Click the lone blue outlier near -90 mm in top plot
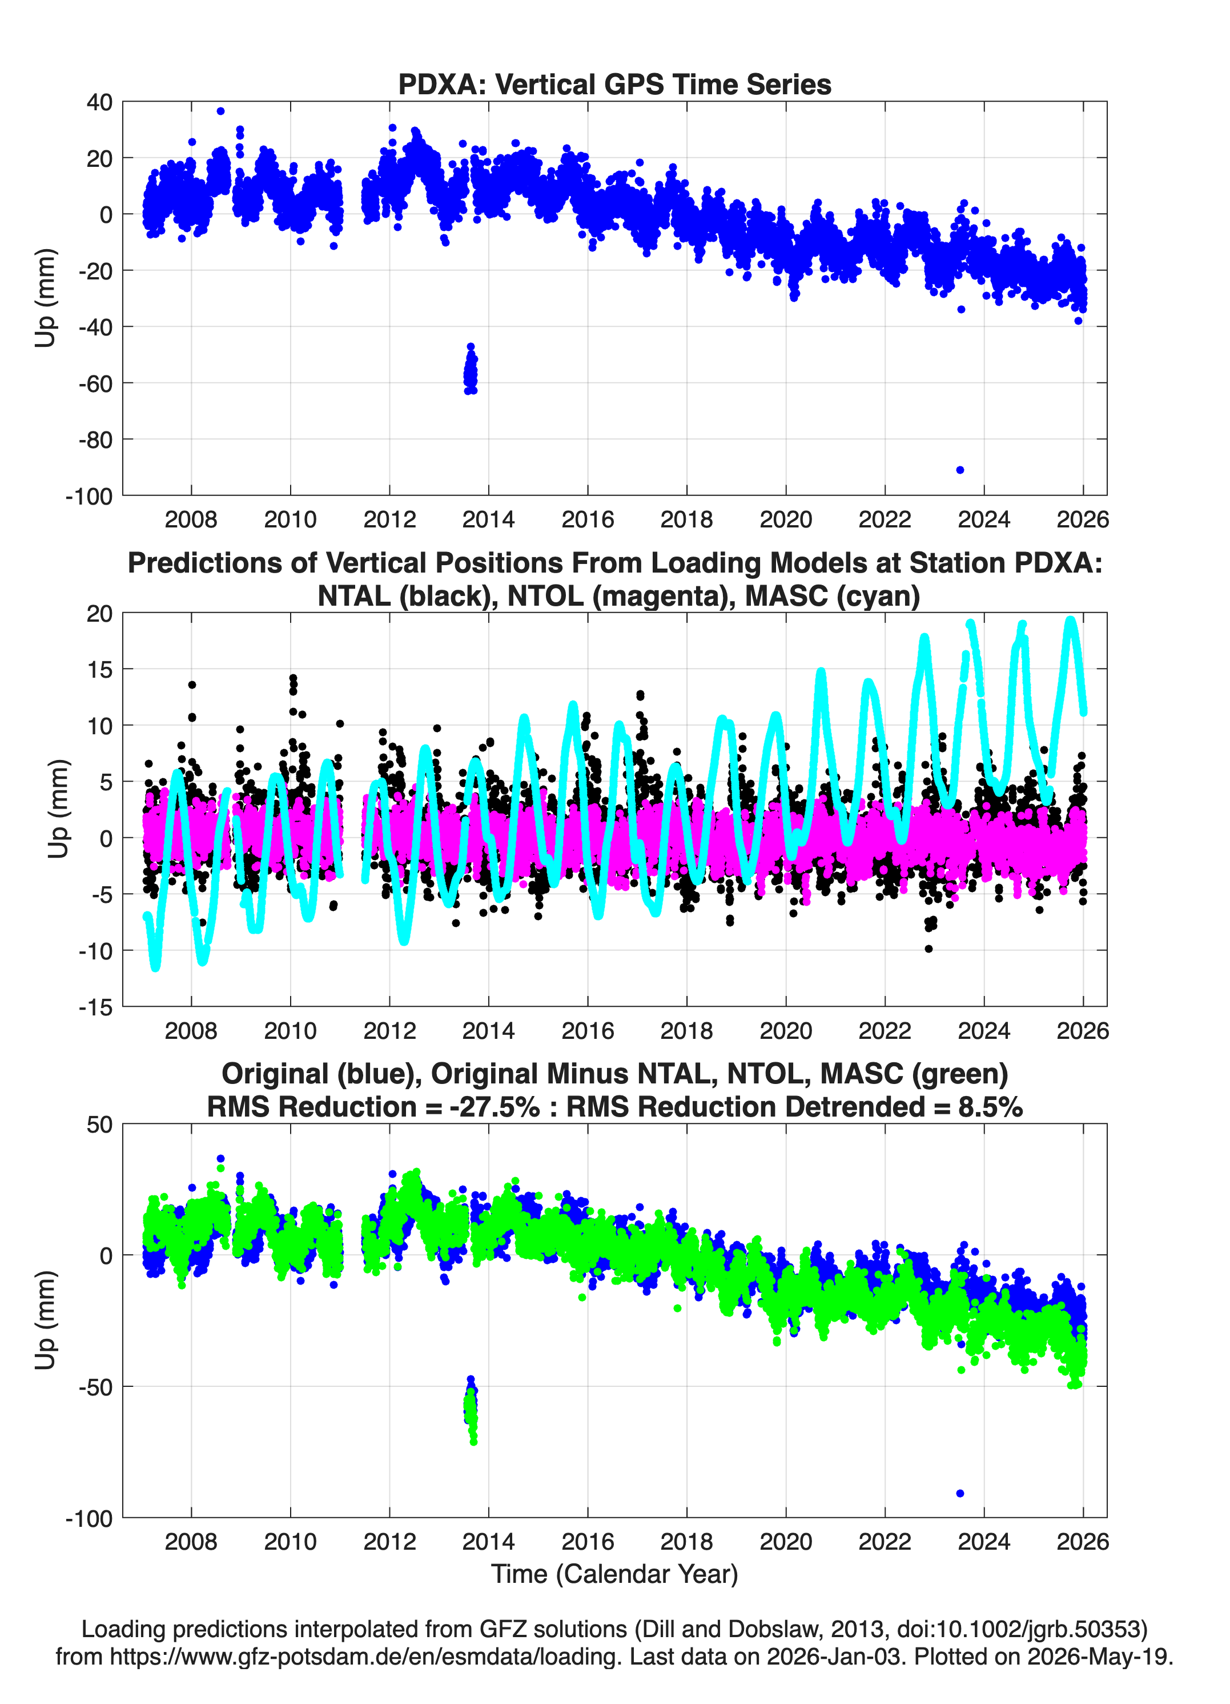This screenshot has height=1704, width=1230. click(960, 470)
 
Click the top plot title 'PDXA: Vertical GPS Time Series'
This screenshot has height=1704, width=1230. click(614, 84)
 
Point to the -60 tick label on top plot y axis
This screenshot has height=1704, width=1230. click(95, 383)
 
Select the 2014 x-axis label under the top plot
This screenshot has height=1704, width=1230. click(488, 519)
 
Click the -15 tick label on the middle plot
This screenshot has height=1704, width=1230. click(95, 1007)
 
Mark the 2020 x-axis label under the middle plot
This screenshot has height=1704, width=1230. click(786, 1030)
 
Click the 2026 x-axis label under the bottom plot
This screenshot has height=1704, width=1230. click(1082, 1541)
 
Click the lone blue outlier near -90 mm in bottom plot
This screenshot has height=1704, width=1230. click(960, 1493)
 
